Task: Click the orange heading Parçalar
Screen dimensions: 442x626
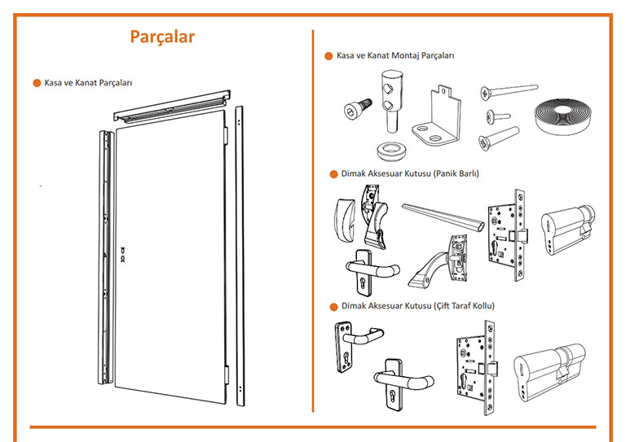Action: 162,37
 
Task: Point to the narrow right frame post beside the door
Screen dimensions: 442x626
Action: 238,252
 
